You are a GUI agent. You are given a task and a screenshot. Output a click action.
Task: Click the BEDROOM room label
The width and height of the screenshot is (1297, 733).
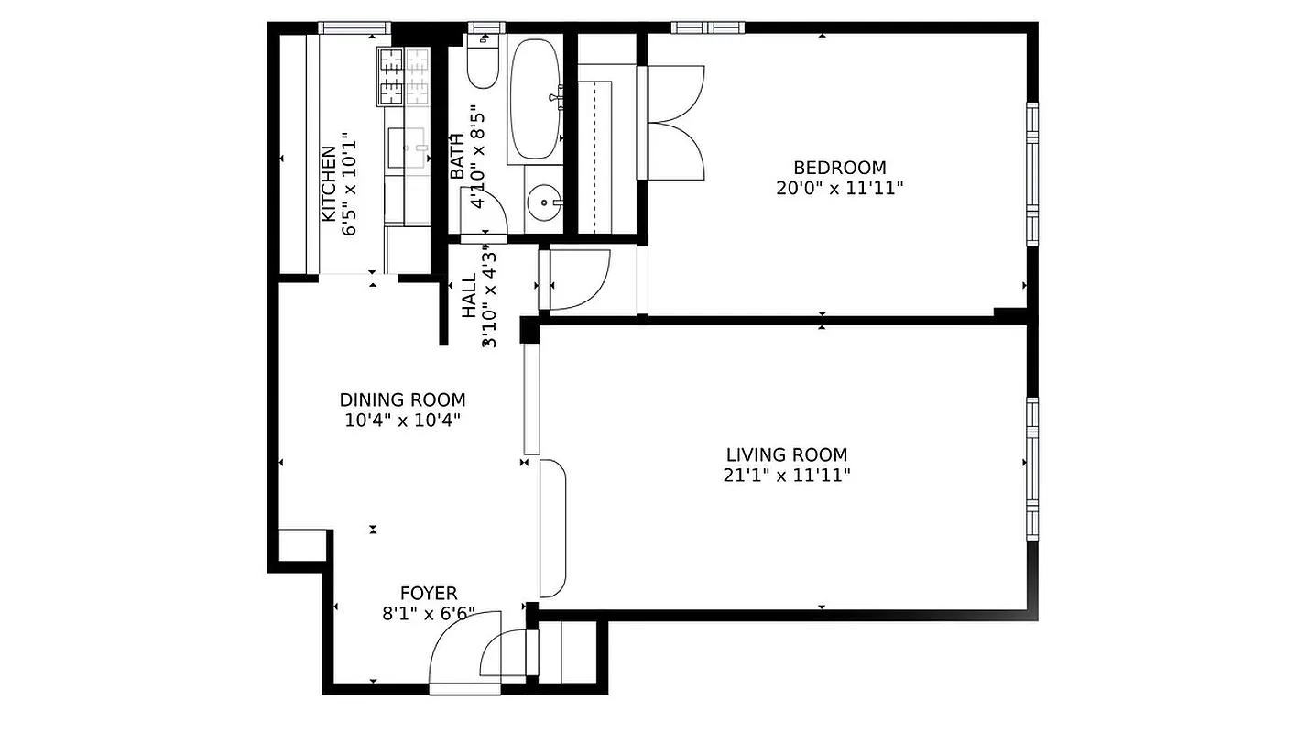839,168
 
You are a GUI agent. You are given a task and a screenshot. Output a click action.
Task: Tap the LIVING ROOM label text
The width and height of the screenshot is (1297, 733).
786,454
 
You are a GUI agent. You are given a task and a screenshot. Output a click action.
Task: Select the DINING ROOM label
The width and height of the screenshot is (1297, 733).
402,399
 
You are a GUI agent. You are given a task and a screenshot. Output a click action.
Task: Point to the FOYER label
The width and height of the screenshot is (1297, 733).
429,594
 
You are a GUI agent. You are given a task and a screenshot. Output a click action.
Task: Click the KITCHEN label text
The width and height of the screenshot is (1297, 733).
328,183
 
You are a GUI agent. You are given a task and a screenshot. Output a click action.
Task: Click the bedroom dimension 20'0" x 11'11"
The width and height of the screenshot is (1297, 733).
839,189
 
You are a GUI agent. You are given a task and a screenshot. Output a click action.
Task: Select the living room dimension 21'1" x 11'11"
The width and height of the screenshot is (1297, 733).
786,475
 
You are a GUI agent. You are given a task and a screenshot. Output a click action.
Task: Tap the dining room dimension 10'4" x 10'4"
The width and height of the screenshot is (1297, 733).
402,421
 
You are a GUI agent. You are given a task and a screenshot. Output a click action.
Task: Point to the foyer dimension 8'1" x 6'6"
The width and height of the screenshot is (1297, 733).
429,614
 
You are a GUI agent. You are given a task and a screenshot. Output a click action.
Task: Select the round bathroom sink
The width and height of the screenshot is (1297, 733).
546,202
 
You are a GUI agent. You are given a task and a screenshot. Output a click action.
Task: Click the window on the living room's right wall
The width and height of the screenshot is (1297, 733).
1032,467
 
